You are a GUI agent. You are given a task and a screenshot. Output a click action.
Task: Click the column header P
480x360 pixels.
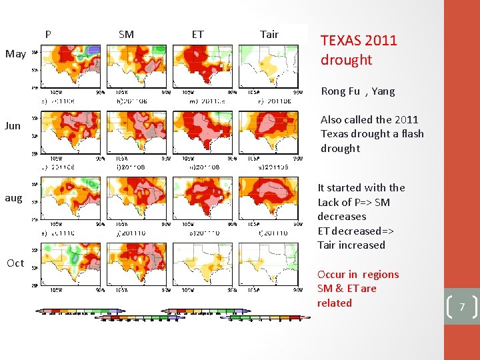tap(49, 34)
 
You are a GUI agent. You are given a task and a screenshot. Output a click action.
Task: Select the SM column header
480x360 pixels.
tap(126, 34)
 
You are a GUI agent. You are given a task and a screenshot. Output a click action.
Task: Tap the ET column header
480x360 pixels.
tap(198, 34)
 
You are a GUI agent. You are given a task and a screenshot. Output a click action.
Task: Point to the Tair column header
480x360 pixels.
tap(269, 34)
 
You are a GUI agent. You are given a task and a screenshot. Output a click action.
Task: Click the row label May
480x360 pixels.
tap(16, 53)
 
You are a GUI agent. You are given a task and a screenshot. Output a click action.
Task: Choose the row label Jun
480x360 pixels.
tap(13, 126)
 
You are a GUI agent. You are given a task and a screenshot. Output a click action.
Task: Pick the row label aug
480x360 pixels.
tap(13, 198)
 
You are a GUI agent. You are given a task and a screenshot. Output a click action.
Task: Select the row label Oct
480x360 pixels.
tap(15, 263)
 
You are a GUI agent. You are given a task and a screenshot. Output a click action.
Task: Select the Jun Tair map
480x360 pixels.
tap(269, 131)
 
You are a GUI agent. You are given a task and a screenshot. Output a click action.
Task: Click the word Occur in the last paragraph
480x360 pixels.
tap(331, 274)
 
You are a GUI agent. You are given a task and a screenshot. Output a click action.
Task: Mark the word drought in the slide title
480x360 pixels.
tap(346, 60)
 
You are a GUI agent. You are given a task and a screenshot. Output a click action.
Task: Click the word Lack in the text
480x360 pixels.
tap(329, 202)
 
